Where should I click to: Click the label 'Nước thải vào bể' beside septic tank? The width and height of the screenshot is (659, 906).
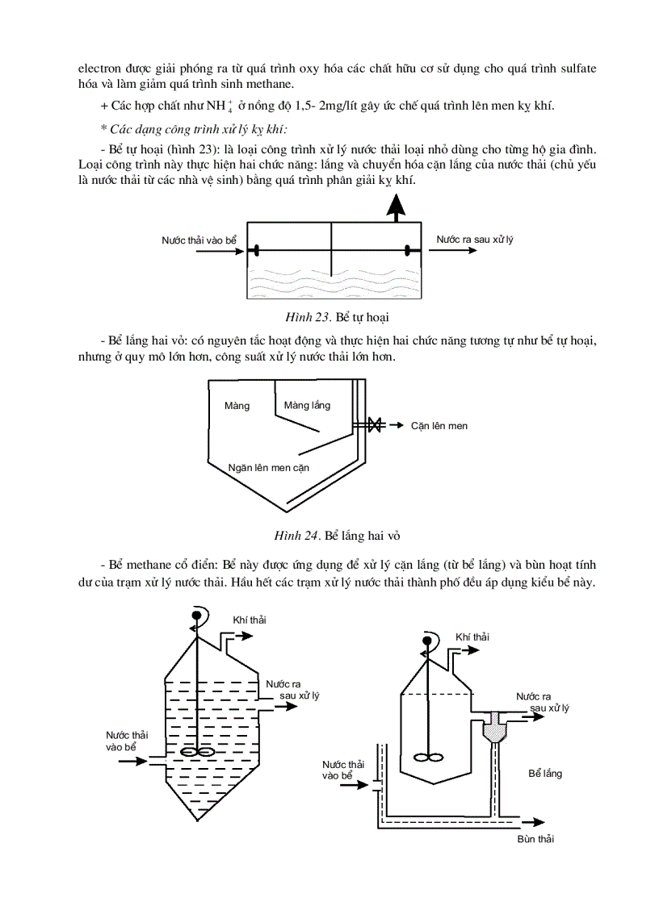pyautogui.click(x=199, y=240)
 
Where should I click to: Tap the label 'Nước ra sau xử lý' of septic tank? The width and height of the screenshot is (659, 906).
pyautogui.click(x=475, y=240)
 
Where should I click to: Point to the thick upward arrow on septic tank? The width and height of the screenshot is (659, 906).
pyautogui.click(x=395, y=208)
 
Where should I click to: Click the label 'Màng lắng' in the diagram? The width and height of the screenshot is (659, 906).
pyautogui.click(x=307, y=405)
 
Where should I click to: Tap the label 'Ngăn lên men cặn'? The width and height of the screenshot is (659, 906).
pyautogui.click(x=269, y=466)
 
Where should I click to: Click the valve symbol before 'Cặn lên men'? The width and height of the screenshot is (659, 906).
pyautogui.click(x=374, y=424)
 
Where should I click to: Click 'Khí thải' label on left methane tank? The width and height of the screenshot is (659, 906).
pyautogui.click(x=249, y=619)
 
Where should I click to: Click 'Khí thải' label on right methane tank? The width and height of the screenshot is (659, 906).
pyautogui.click(x=472, y=637)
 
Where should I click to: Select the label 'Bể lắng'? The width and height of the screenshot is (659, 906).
pyautogui.click(x=545, y=773)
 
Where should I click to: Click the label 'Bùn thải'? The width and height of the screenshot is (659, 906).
pyautogui.click(x=535, y=838)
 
